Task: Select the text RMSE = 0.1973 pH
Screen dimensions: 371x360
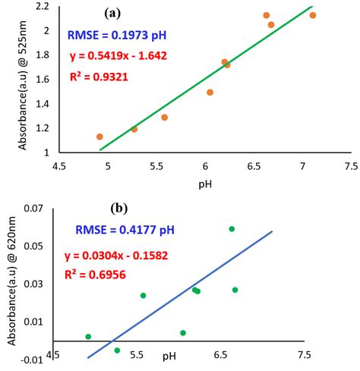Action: (117, 35)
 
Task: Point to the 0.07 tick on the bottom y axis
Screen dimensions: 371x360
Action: (35, 209)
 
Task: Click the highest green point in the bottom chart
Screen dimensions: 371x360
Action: (232, 228)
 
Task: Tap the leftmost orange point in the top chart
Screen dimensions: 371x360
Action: (99, 137)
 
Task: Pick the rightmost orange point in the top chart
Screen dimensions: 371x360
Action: (313, 15)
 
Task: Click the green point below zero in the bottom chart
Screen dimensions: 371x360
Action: (117, 350)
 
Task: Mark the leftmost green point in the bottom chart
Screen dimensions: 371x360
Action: (88, 336)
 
